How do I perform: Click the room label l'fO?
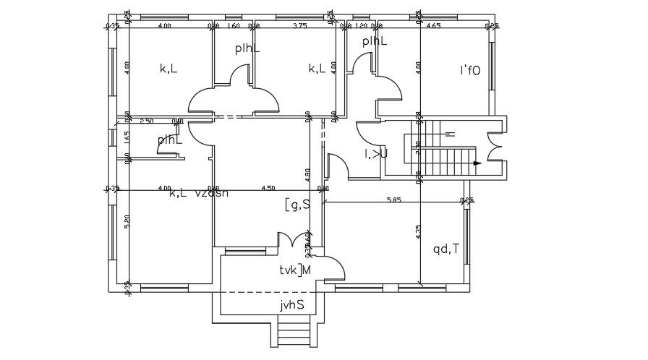pos(470,70)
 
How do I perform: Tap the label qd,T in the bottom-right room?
pos(446,249)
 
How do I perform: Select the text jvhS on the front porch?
pos(292,304)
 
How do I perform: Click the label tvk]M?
pos(296,270)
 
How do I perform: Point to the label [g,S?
pos(297,205)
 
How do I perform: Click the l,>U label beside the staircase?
pos(376,153)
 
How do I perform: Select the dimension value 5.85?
pos(393,199)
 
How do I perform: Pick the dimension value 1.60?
pos(234,25)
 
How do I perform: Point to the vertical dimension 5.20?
pos(127,222)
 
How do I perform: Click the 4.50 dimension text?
pos(268,188)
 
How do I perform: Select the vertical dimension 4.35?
pos(419,233)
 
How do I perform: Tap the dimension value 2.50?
pos(147,121)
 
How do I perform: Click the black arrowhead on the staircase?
pos(477,163)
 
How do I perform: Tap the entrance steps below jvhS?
pos(293,335)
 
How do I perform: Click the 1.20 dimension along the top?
pos(362,25)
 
